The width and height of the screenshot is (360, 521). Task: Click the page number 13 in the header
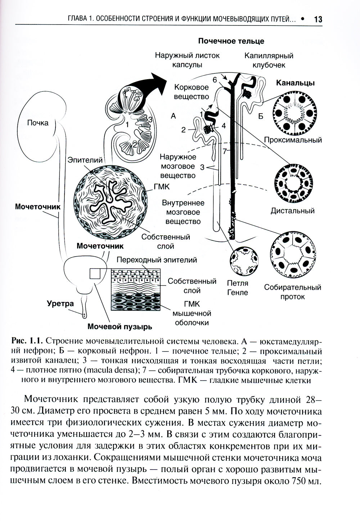click(318, 19)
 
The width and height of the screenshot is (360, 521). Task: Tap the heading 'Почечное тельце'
click(231, 41)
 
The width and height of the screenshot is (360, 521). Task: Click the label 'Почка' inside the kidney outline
click(37, 123)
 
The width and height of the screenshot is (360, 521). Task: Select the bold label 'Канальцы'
click(295, 83)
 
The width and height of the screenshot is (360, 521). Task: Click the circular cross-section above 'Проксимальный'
click(294, 113)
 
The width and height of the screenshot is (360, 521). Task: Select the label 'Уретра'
click(60, 303)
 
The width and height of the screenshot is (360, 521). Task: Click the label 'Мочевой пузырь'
click(120, 327)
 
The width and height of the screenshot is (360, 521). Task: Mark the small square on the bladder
click(95, 274)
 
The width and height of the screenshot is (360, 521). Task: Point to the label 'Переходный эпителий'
click(157, 259)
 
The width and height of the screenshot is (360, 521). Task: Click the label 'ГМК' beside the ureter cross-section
click(162, 187)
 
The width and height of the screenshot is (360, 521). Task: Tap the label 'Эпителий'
click(85, 160)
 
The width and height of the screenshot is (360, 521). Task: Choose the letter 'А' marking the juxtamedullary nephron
click(174, 116)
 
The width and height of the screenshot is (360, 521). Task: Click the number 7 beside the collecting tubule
click(225, 151)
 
